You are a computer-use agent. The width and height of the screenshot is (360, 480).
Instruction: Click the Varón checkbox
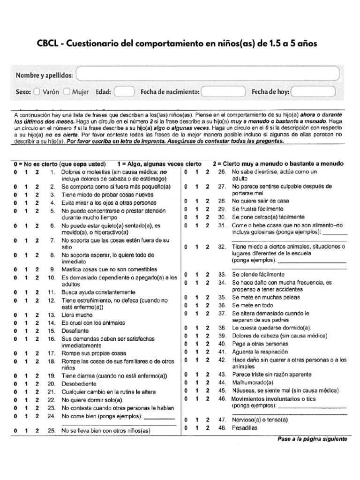(37, 92)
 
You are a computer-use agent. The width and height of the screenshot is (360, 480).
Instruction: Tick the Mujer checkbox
(67, 92)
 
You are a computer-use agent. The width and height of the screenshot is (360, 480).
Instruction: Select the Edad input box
(124, 92)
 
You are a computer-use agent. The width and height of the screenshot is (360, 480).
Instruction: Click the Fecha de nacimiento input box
(223, 92)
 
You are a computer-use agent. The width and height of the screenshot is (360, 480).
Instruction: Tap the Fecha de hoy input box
(314, 92)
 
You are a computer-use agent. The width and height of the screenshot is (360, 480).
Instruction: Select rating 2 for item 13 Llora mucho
(37, 315)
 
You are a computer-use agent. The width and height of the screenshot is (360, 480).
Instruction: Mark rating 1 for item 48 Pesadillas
(196, 428)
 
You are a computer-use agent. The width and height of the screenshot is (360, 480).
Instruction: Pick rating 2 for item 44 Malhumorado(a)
(207, 382)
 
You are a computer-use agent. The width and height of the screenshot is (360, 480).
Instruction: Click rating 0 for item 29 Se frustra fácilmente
(186, 209)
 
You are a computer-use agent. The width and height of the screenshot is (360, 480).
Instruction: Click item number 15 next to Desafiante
(52, 331)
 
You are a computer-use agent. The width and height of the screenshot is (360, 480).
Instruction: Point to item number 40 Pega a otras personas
(222, 344)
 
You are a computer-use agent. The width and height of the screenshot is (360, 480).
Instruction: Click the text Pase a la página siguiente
(312, 440)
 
